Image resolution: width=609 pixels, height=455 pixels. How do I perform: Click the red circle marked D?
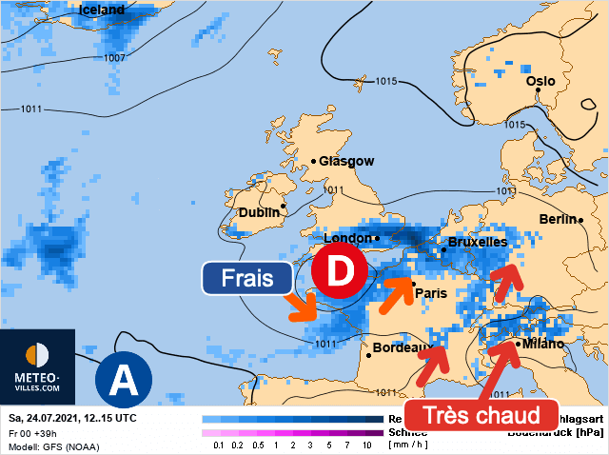(x=339, y=270)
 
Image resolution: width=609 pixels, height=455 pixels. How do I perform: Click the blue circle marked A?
(x=123, y=380)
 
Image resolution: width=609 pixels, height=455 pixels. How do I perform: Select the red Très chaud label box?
(x=480, y=415)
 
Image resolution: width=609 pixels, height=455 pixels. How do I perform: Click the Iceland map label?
(x=100, y=10)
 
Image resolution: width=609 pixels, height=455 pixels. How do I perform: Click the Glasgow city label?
(x=346, y=162)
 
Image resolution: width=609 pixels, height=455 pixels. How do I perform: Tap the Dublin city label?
(x=259, y=212)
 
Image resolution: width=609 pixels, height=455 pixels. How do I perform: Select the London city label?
(x=347, y=238)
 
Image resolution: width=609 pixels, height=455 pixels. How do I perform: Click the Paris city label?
(x=432, y=293)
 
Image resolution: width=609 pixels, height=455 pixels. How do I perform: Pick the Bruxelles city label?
(x=477, y=243)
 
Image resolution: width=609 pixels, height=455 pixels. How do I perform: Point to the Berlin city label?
(x=559, y=219)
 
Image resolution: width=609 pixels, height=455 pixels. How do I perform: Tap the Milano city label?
(x=542, y=344)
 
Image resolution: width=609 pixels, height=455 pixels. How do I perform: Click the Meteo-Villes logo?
(x=37, y=366)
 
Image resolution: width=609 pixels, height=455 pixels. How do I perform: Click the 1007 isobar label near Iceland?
(x=114, y=58)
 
